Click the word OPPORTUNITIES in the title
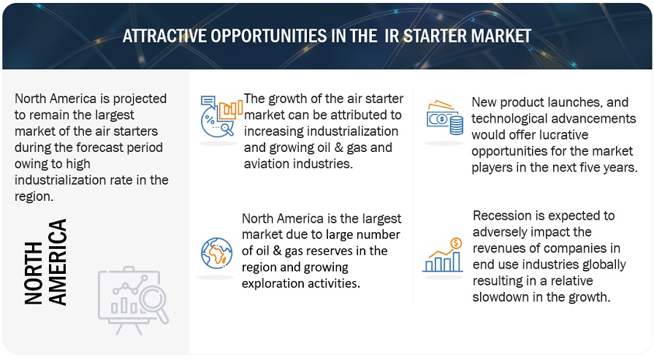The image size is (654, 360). (x=268, y=36)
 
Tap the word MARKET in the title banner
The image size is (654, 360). (x=501, y=36)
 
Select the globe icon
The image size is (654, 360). (x=216, y=253)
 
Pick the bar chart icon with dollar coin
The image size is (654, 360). (x=443, y=255)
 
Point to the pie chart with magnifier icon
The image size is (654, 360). (x=221, y=116)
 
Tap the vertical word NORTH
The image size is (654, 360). (x=34, y=273)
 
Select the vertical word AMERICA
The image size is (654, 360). (x=57, y=262)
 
